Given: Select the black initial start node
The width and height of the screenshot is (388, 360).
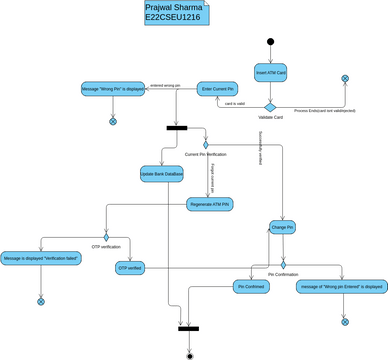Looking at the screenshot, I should click(x=269, y=41).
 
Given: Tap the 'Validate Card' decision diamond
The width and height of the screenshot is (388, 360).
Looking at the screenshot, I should click(x=269, y=106).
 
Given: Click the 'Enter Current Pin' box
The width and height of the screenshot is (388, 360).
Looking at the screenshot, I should click(x=218, y=90).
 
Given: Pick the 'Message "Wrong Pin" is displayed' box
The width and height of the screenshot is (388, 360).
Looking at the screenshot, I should click(x=112, y=90).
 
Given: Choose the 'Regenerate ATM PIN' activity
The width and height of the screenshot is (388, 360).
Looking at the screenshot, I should click(x=210, y=204).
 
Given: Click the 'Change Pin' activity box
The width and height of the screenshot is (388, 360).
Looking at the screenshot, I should click(x=283, y=227).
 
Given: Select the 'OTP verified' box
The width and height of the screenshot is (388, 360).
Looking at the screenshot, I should click(x=131, y=268).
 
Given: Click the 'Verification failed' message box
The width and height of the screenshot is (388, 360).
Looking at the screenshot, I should click(x=41, y=258).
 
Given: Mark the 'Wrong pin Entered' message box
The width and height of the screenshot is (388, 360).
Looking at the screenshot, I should click(x=342, y=287).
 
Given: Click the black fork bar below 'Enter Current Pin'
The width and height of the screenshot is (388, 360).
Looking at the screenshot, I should click(x=176, y=127).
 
